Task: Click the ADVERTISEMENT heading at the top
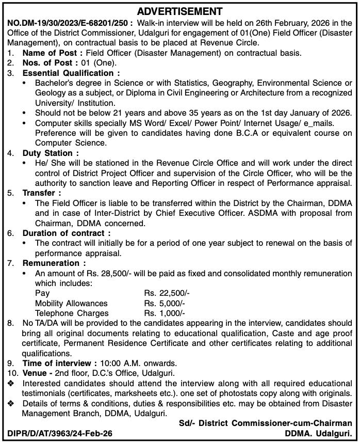pyautogui.click(x=180, y=11)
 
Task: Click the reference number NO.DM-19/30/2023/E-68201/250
pyautogui.click(x=70, y=23)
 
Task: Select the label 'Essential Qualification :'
pyautogui.click(x=71, y=73)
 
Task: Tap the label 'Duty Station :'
pyautogui.click(x=51, y=153)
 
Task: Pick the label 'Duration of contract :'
pyautogui.click(x=66, y=233)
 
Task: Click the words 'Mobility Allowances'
pyautogui.click(x=71, y=303)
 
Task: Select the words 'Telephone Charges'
pyautogui.click(x=72, y=313)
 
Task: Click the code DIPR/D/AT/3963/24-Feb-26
pyautogui.click(x=60, y=433)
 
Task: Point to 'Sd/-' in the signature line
pyautogui.click(x=188, y=423)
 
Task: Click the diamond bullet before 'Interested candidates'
pyautogui.click(x=11, y=383)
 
